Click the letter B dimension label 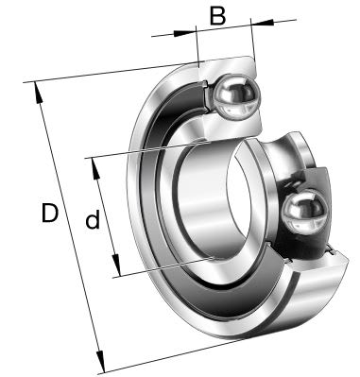(x=217, y=16)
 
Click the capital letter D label (x=50, y=213)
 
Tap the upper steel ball (x=236, y=95)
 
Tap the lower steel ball (x=303, y=212)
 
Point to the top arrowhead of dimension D (x=38, y=93)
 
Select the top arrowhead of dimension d (x=95, y=168)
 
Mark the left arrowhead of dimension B (x=184, y=33)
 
